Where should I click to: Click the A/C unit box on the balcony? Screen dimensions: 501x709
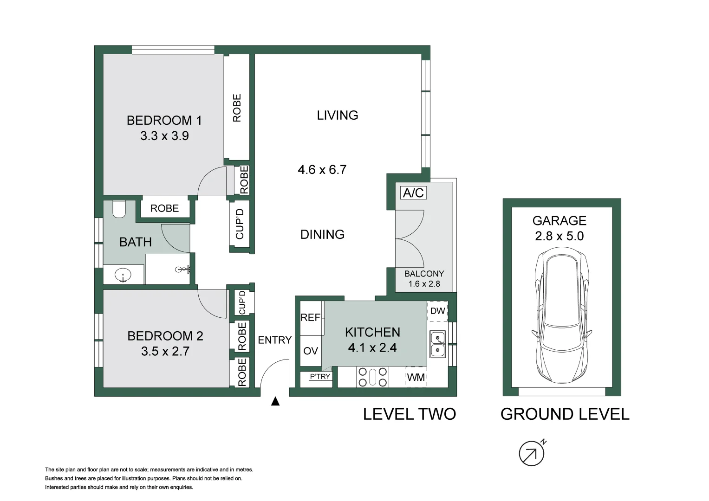(x=413, y=193)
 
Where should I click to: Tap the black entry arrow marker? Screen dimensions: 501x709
(x=275, y=401)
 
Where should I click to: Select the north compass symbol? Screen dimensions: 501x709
(x=532, y=453)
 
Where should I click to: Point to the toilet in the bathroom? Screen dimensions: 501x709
(x=119, y=209)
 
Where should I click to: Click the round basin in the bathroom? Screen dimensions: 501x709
(x=123, y=275)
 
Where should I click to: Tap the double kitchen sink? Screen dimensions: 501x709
(x=437, y=344)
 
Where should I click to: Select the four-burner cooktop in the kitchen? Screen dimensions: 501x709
(x=372, y=377)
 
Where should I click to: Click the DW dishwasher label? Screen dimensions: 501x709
(x=437, y=311)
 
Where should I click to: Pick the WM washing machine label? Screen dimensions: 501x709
(x=416, y=377)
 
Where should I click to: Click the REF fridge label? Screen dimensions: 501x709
(x=311, y=318)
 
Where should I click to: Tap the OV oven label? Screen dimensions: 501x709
(x=311, y=351)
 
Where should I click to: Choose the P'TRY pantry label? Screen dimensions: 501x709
(x=320, y=376)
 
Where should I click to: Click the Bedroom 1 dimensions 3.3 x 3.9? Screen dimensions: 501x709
(x=164, y=136)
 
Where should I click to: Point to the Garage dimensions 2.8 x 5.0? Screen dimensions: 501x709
(x=559, y=236)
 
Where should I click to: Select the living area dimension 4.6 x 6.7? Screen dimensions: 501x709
(x=322, y=170)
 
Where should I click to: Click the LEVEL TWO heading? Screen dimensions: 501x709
(x=409, y=414)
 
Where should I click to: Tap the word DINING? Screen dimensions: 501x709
(x=322, y=235)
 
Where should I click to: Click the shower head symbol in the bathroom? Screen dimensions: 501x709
(x=183, y=270)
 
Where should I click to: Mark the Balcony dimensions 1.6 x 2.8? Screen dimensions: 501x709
(x=424, y=284)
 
